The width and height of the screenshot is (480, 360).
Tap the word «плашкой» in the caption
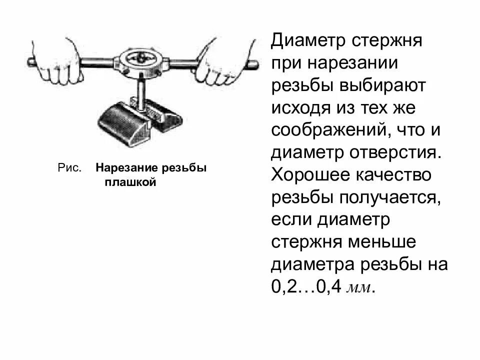click(x=131, y=182)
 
